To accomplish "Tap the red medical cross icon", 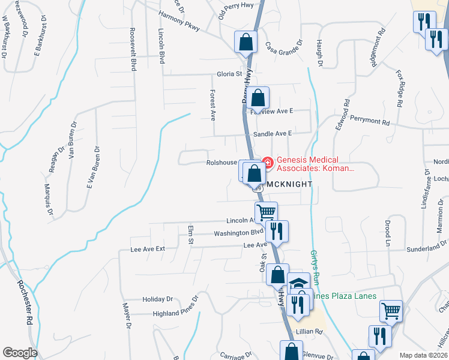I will [x=267, y=161].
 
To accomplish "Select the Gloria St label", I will [x=229, y=74].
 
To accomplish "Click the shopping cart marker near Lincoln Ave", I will [x=266, y=212].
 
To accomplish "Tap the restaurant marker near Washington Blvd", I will [x=277, y=230].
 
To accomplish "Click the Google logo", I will [x=20, y=353].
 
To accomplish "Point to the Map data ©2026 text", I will [x=423, y=355].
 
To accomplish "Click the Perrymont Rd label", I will [x=370, y=120].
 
